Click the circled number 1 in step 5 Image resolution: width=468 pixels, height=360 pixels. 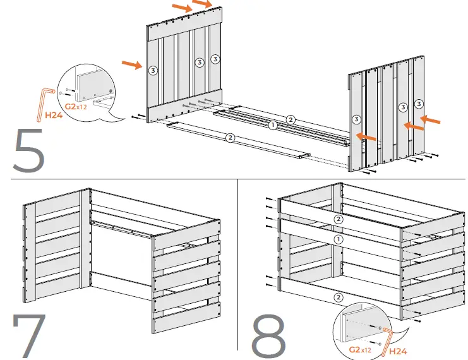tap(272, 126)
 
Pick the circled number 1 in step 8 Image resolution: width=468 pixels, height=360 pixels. tap(339, 239)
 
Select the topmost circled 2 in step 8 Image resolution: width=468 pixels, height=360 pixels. tap(339, 219)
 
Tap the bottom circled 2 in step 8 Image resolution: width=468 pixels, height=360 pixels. tap(339, 297)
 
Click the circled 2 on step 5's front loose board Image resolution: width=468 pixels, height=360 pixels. tap(231, 137)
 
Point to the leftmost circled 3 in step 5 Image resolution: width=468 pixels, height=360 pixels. tap(153, 70)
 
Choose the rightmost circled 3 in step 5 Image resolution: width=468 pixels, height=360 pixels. tap(418, 102)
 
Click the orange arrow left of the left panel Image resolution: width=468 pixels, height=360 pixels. tap(131, 64)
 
